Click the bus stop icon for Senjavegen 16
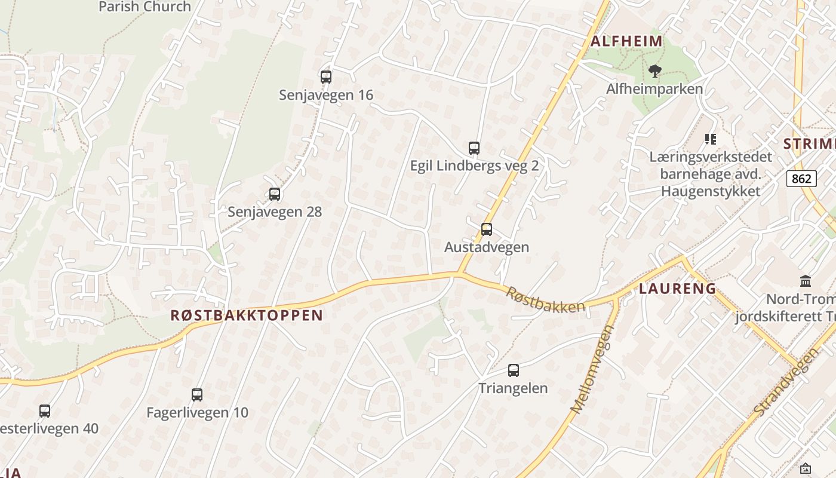pyautogui.click(x=325, y=77)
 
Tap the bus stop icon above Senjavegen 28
pyautogui.click(x=275, y=194)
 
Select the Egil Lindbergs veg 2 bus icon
pyautogui.click(x=474, y=148)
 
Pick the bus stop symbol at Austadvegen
pyautogui.click(x=487, y=229)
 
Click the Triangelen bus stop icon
pyautogui.click(x=514, y=370)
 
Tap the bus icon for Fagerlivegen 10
pyautogui.click(x=197, y=395)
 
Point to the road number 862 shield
pyautogui.click(x=801, y=179)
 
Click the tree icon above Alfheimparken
pyautogui.click(x=655, y=72)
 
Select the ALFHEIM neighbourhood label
pyautogui.click(x=627, y=41)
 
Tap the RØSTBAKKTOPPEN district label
pyautogui.click(x=247, y=315)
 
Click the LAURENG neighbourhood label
pyautogui.click(x=678, y=289)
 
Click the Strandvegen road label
pyautogui.click(x=786, y=382)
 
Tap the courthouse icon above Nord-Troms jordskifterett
pyautogui.click(x=805, y=281)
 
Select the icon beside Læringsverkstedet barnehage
pyautogui.click(x=711, y=139)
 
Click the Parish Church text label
pyautogui.click(x=145, y=7)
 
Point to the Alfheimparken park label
pyautogui.click(x=654, y=89)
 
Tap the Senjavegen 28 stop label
pyautogui.click(x=275, y=212)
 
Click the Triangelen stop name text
pyautogui.click(x=513, y=388)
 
